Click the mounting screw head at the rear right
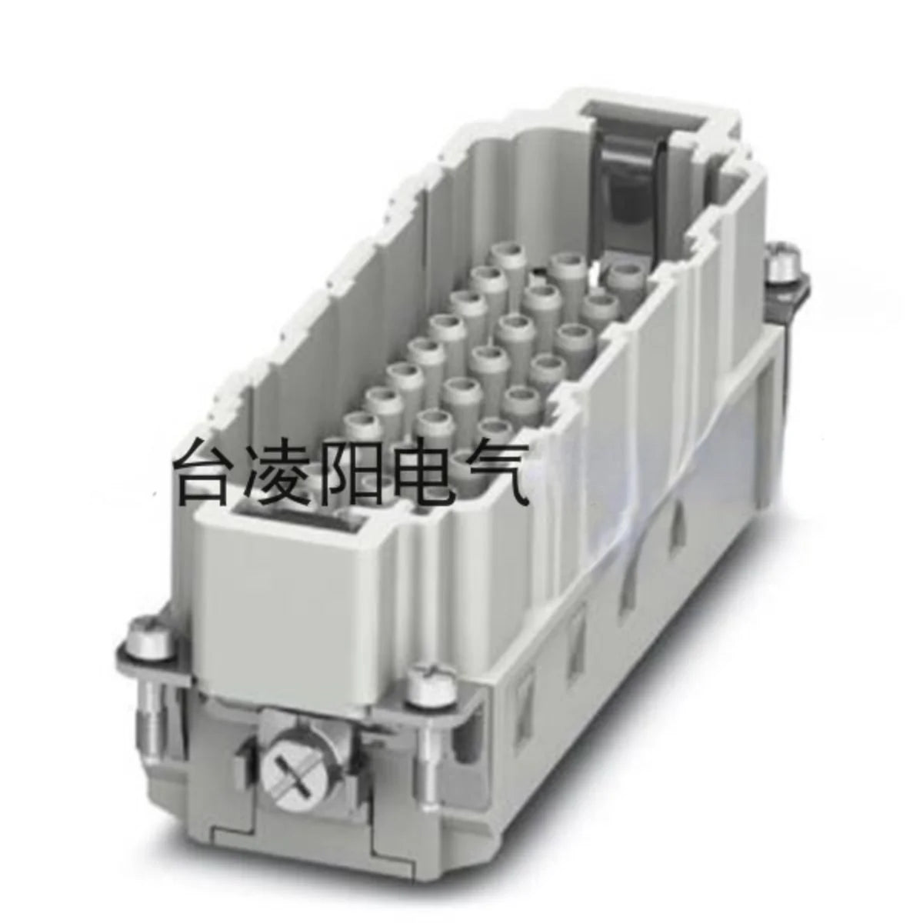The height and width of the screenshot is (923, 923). (784, 262)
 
